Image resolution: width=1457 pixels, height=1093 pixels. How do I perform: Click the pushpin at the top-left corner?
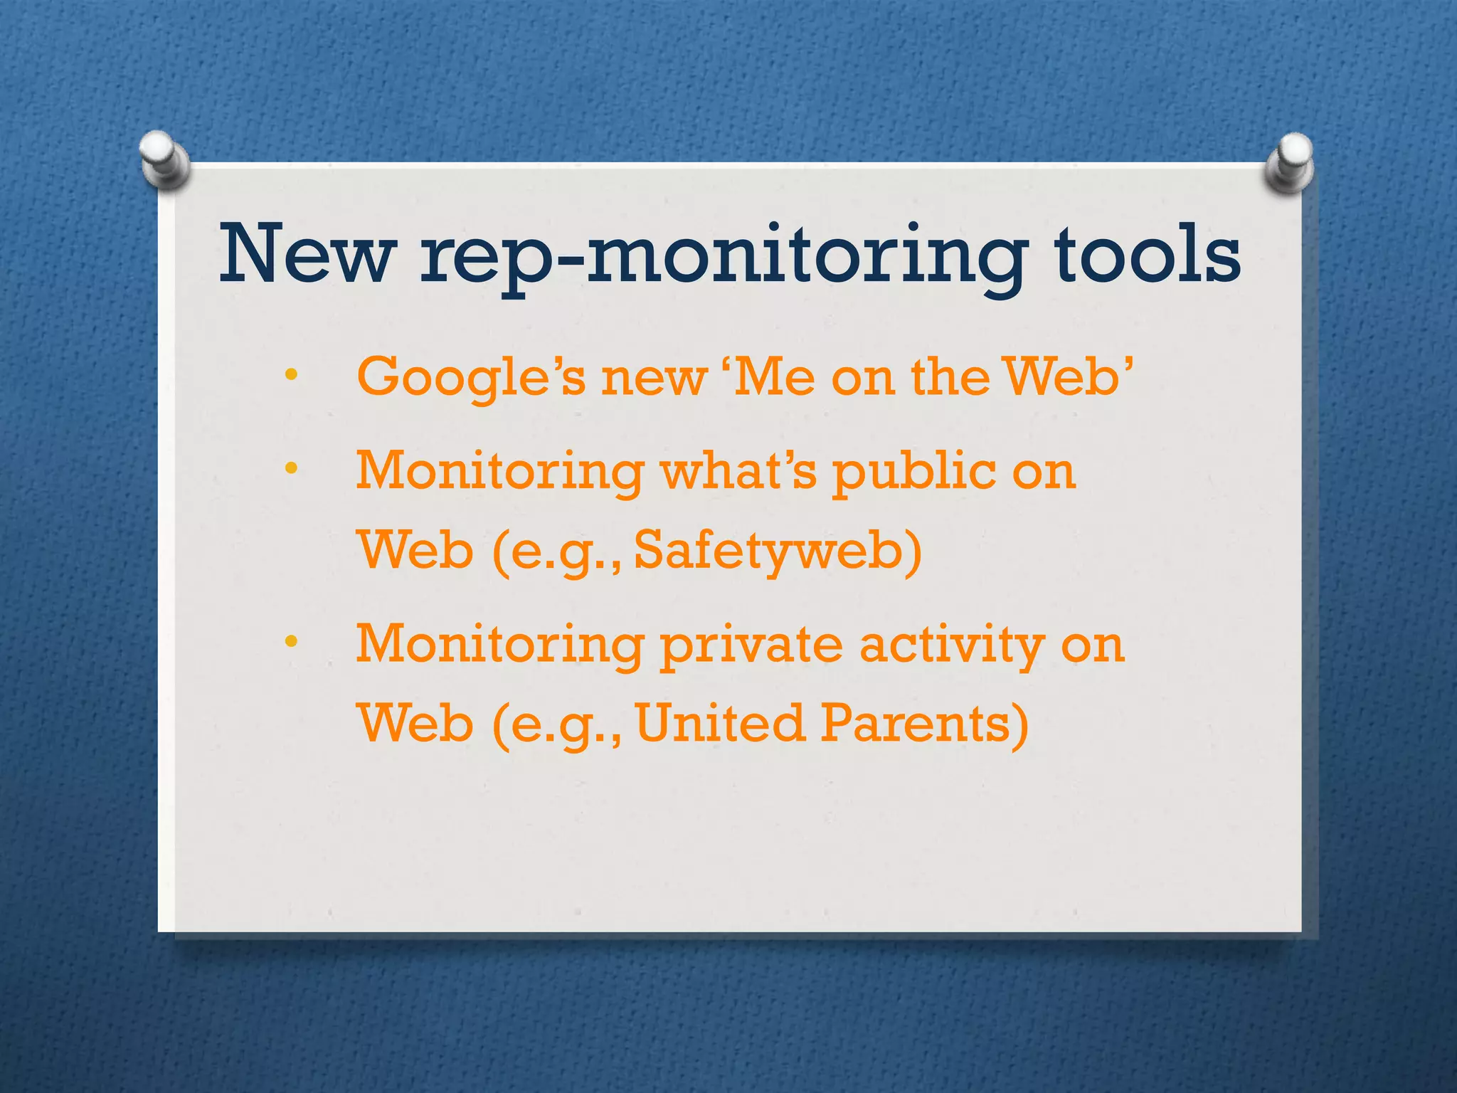(x=164, y=161)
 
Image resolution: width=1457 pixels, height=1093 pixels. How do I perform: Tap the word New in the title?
(x=306, y=255)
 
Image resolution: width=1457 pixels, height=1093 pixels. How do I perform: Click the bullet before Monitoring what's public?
(x=290, y=468)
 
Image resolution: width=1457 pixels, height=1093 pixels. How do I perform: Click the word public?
(x=914, y=472)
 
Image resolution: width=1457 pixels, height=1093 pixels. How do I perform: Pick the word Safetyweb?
(x=777, y=552)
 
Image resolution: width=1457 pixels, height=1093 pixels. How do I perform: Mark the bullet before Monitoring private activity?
(x=290, y=642)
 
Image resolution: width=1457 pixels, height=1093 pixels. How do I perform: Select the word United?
(x=719, y=723)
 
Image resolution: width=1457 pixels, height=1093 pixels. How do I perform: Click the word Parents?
(x=924, y=723)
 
